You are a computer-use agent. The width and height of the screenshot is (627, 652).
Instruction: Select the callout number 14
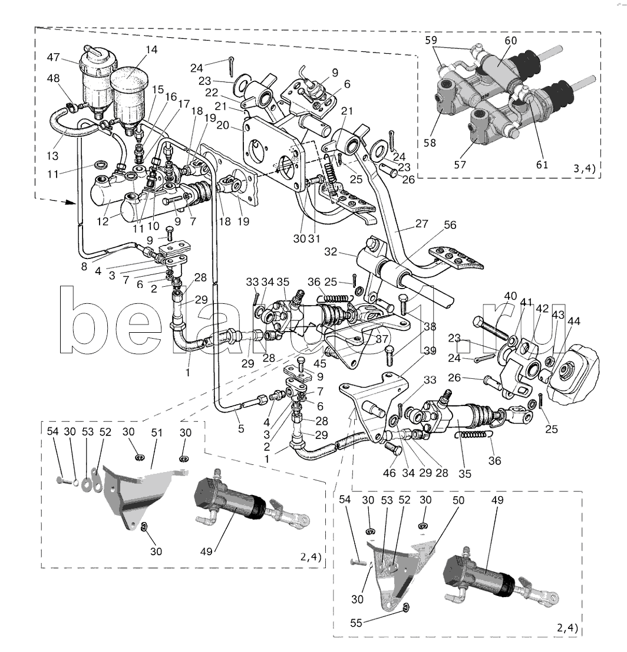(152, 50)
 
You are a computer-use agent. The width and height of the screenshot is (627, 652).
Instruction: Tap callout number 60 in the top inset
(510, 40)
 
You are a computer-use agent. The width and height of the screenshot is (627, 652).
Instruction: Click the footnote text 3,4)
(584, 169)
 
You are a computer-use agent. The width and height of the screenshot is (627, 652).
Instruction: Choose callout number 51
(156, 433)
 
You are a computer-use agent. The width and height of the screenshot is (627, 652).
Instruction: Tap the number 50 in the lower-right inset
(458, 500)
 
